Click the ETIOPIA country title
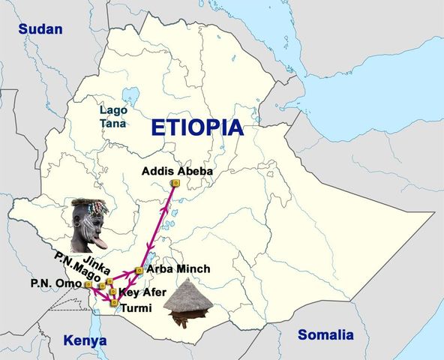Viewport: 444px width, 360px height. (197, 127)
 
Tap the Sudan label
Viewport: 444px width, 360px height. (40, 29)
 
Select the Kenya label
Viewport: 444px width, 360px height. (85, 340)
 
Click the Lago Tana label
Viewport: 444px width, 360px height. (113, 116)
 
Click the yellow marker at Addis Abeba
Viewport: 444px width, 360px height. (175, 182)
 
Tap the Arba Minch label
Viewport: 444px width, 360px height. (178, 268)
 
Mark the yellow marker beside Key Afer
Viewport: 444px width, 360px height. (112, 292)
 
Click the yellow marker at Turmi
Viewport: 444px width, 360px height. (114, 304)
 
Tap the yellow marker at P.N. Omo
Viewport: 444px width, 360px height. (88, 285)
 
